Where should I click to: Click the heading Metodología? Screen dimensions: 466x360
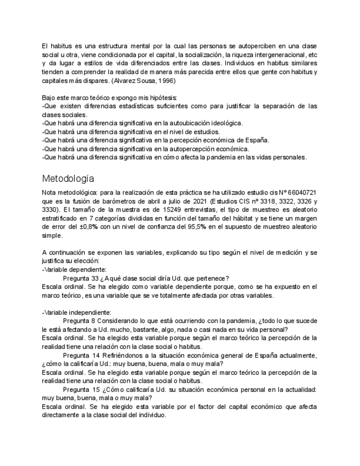(68, 179)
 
